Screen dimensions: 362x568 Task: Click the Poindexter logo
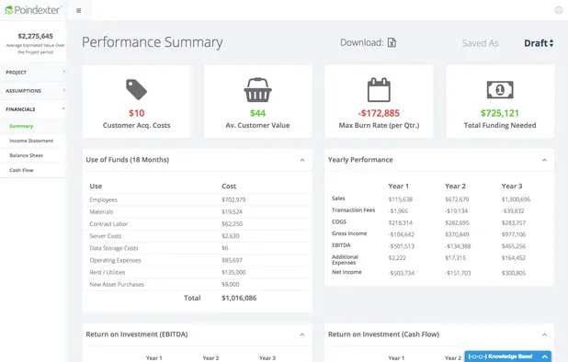tap(32, 10)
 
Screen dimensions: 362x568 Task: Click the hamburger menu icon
tap(79, 11)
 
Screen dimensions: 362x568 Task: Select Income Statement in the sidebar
tap(31, 141)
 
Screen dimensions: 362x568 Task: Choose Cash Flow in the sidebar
tap(21, 170)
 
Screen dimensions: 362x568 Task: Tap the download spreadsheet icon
tap(392, 42)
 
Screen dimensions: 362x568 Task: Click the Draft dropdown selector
tap(539, 43)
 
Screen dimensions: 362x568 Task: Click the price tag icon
tap(137, 89)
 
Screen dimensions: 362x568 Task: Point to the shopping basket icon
tap(257, 89)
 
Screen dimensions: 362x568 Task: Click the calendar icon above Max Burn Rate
tap(379, 89)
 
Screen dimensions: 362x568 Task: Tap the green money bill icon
tap(500, 89)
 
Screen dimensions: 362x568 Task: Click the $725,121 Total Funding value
tap(500, 113)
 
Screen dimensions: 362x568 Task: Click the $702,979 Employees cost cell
tap(234, 199)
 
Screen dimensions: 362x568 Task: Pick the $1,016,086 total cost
tap(239, 298)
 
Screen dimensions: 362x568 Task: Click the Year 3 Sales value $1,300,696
tap(515, 198)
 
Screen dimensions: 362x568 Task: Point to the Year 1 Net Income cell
tap(401, 273)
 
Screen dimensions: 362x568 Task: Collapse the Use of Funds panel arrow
tap(302, 160)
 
